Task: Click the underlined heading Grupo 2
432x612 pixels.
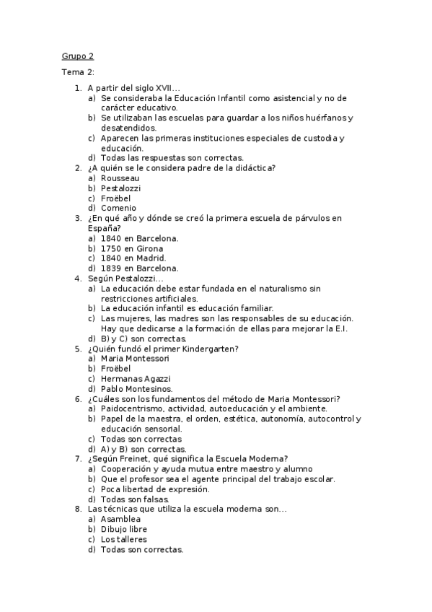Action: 76,56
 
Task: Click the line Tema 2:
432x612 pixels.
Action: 77,72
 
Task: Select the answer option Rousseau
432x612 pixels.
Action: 120,178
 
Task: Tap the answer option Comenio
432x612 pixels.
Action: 118,208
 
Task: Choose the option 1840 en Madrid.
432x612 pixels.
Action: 133,258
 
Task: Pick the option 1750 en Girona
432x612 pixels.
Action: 132,248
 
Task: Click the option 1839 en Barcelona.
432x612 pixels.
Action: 140,268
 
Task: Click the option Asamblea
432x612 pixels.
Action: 120,519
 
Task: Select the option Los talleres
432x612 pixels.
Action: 123,539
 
